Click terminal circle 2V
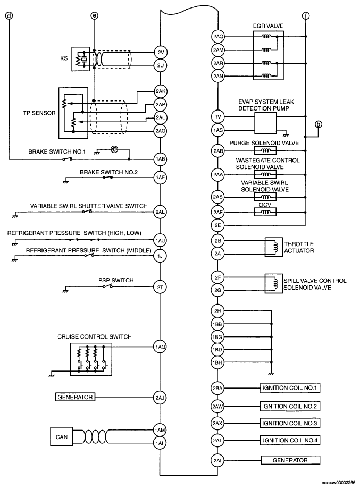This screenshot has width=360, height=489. click(x=160, y=52)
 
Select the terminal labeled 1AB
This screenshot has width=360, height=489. click(x=160, y=158)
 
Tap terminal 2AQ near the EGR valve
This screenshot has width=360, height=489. click(x=218, y=37)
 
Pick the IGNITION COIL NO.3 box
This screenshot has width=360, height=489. click(x=290, y=423)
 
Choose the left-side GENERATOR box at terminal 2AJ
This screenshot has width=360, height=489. click(x=75, y=397)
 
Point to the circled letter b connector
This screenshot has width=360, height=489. click(x=319, y=125)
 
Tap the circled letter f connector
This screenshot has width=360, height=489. click(x=305, y=16)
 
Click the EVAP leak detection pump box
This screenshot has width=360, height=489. click(x=268, y=122)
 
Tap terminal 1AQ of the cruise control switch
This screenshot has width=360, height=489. click(x=160, y=346)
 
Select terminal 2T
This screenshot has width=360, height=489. click(x=160, y=287)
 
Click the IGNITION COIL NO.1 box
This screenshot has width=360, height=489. click(x=290, y=388)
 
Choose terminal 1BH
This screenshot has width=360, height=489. click(x=218, y=362)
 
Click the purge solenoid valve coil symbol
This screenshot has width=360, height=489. click(x=262, y=151)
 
